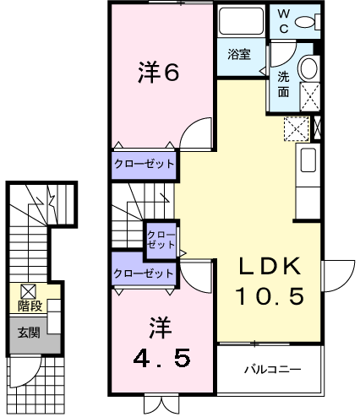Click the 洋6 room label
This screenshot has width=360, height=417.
(158, 73)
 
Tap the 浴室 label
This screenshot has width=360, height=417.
(239, 55)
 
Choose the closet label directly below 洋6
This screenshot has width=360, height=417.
(145, 164)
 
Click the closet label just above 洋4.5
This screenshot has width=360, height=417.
(145, 273)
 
